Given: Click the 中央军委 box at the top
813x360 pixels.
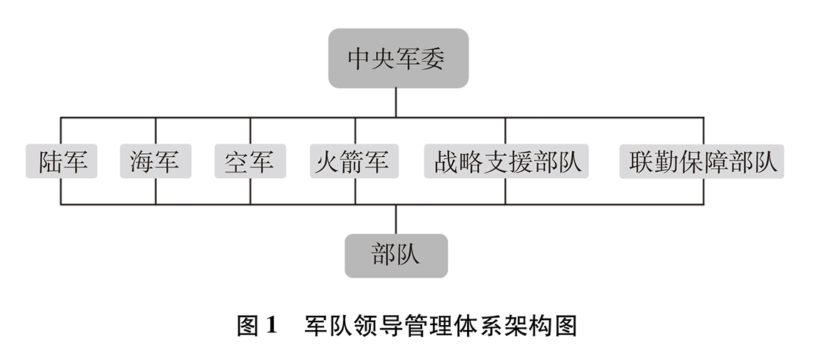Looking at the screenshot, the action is pyautogui.click(x=398, y=58).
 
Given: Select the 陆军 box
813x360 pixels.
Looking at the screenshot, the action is pyautogui.click(x=62, y=161).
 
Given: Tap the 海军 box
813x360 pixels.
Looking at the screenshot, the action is pyautogui.click(x=155, y=161).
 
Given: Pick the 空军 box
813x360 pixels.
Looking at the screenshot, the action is pyautogui.click(x=250, y=161).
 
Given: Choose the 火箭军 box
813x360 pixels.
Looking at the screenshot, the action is pyautogui.click(x=354, y=161).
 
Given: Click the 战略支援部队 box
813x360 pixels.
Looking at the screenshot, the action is pyautogui.click(x=506, y=161).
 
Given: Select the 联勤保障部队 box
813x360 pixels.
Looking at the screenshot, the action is pyautogui.click(x=702, y=161).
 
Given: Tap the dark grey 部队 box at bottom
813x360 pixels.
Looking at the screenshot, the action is pyautogui.click(x=396, y=256).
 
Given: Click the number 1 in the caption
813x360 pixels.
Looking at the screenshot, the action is pyautogui.click(x=272, y=325).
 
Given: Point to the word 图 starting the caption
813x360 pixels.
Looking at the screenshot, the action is pyautogui.click(x=248, y=326).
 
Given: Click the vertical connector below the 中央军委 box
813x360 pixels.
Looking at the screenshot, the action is pyautogui.click(x=396, y=103).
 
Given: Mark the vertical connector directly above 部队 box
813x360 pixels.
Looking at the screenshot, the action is pyautogui.click(x=396, y=219).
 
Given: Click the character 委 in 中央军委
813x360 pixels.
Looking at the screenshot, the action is pyautogui.click(x=433, y=58).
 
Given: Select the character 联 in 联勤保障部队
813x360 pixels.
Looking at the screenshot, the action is pyautogui.click(x=641, y=162).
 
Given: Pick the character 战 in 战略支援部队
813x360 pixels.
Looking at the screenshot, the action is pyautogui.click(x=446, y=162).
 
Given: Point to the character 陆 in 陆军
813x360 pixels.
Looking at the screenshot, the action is pyautogui.click(x=51, y=162).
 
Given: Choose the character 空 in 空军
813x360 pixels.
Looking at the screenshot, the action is pyautogui.click(x=237, y=162).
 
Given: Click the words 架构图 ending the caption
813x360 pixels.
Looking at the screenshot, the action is pyautogui.click(x=543, y=326).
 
